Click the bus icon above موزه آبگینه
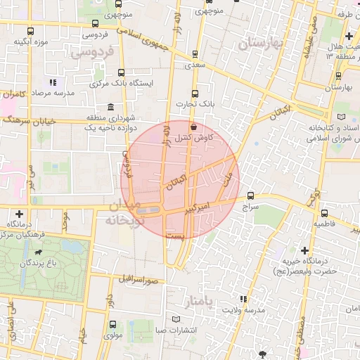click(29, 32)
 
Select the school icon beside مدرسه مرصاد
click(54, 82)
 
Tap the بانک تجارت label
click(193, 105)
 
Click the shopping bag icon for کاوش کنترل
click(193, 127)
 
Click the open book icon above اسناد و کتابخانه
click(342, 115)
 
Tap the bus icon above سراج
click(251, 195)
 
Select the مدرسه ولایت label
click(245, 310)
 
